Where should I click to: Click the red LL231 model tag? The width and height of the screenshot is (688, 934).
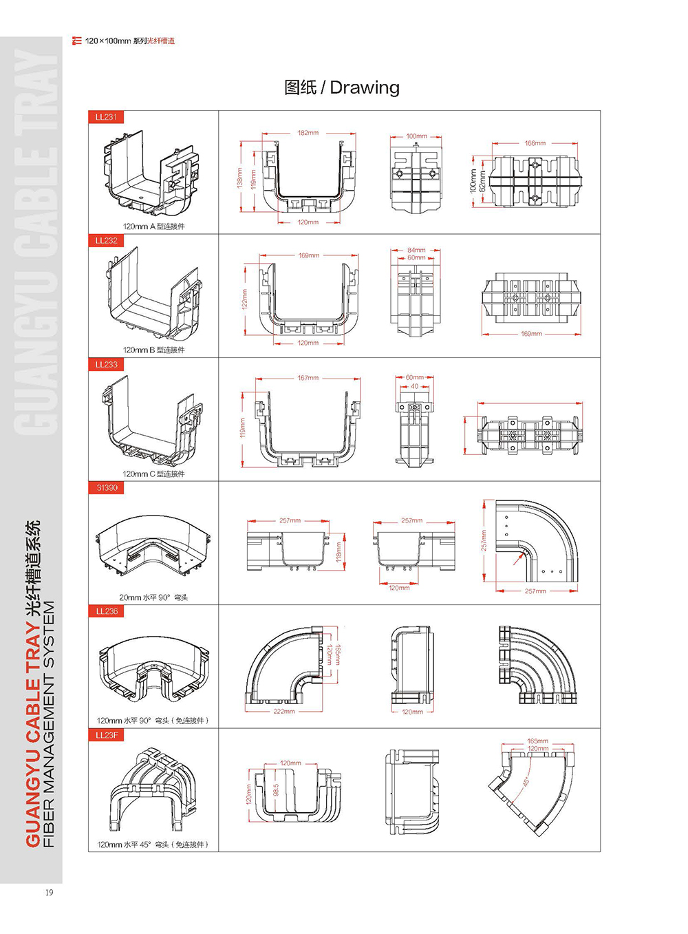point(106,117)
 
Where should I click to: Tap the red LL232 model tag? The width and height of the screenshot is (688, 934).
point(106,240)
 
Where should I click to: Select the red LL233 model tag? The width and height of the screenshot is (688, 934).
point(106,364)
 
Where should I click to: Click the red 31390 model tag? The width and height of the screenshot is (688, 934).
point(107,487)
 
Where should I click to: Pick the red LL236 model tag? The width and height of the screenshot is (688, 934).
point(107,611)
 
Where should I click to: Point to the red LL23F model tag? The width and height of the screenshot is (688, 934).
point(107,735)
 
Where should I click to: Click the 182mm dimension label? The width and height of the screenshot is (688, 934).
point(308,133)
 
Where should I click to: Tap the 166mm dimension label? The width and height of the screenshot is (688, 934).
point(535,143)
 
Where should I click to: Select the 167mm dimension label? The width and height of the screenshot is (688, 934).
point(308,378)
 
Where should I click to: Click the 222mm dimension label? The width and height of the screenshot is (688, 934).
point(284,711)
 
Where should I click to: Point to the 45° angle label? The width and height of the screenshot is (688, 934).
point(526,782)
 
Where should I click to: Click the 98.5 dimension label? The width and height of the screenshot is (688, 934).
point(276,790)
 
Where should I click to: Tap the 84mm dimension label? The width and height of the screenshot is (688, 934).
point(416,250)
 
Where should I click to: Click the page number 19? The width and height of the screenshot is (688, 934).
point(49,893)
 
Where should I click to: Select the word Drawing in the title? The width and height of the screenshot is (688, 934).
point(365,87)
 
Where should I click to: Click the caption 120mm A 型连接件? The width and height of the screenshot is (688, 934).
point(153,226)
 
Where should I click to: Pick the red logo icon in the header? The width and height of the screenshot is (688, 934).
point(76,41)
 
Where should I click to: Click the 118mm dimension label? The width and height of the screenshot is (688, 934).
point(338,552)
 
